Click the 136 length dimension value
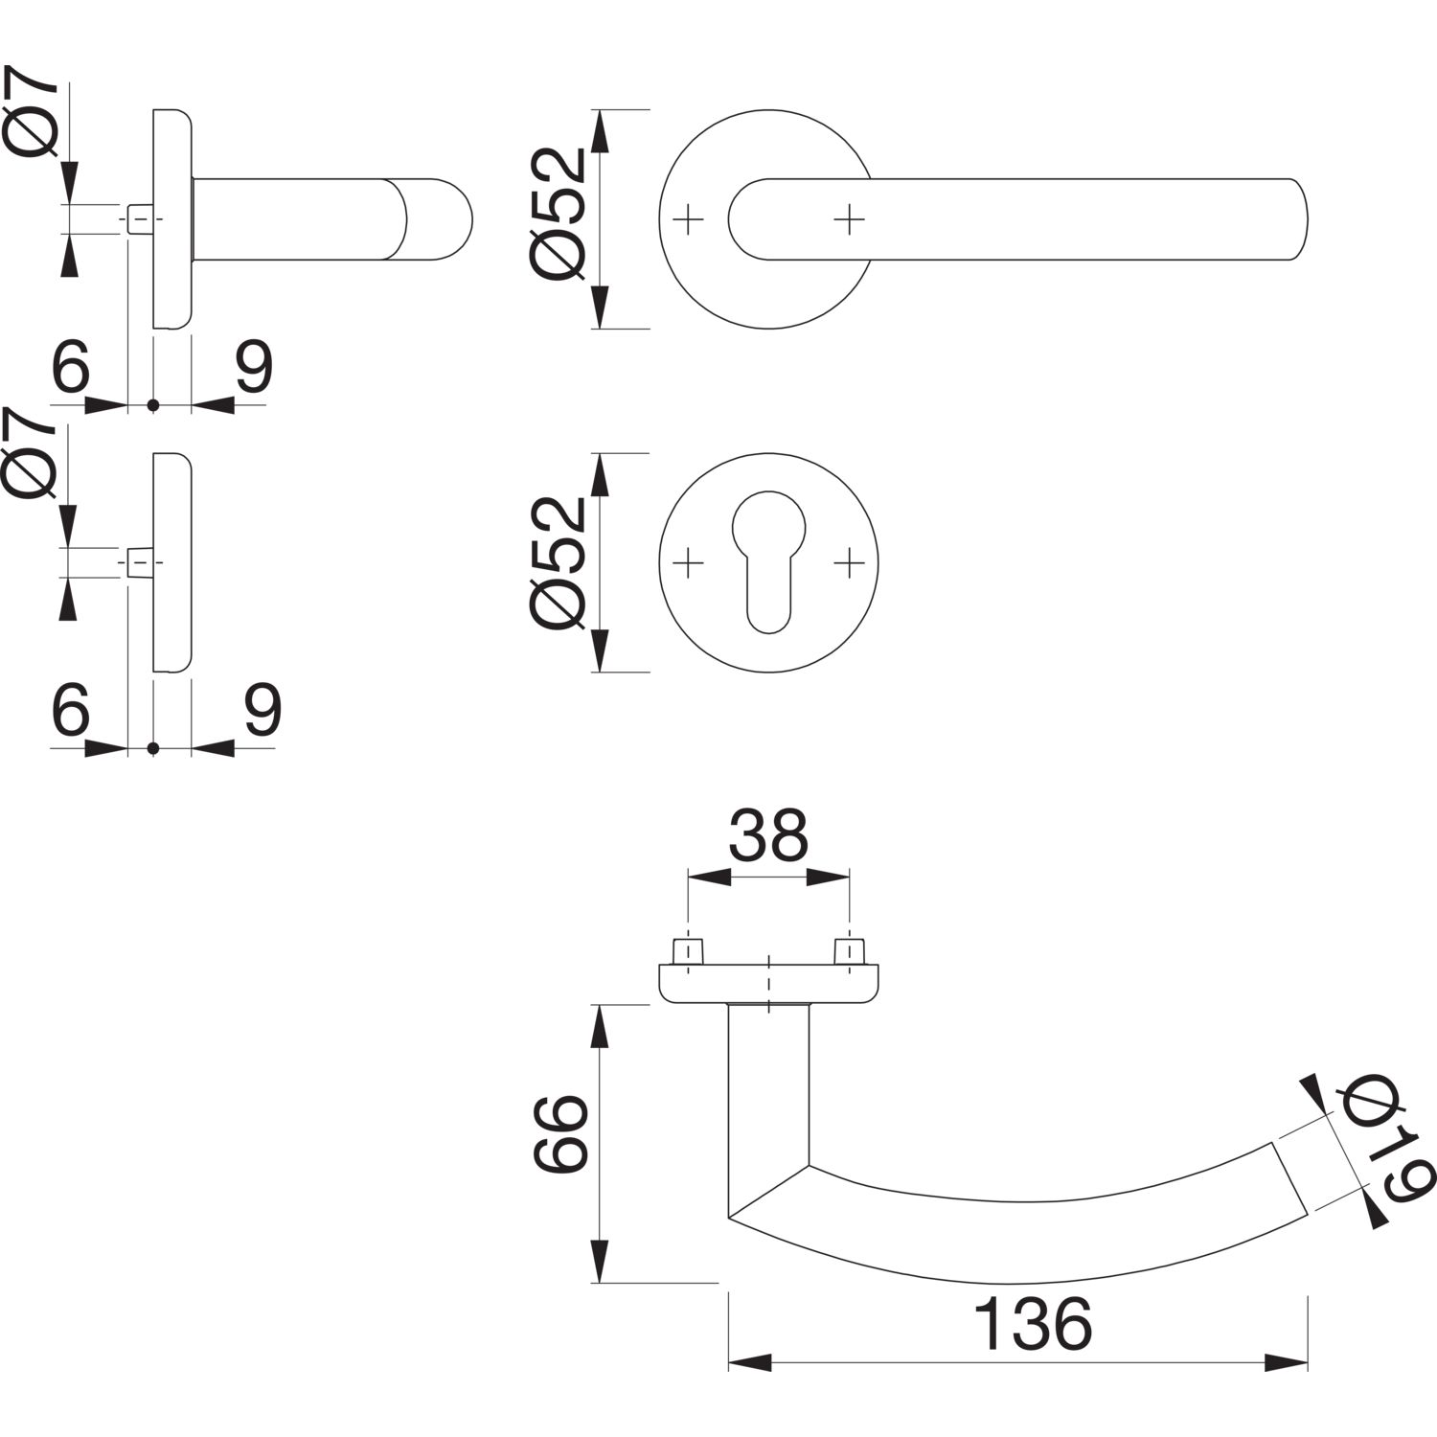click(x=1033, y=1324)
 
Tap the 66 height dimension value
click(x=559, y=1134)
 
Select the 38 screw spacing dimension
click(x=768, y=834)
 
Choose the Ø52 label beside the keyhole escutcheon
click(x=558, y=562)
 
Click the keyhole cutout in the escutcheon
click(x=769, y=561)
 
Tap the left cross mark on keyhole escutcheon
click(x=689, y=563)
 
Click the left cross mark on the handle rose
click(x=689, y=220)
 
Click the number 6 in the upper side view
click(x=71, y=366)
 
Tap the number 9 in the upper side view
click(x=255, y=366)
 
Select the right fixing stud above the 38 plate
click(x=850, y=952)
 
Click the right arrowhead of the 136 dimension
click(x=1287, y=1362)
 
